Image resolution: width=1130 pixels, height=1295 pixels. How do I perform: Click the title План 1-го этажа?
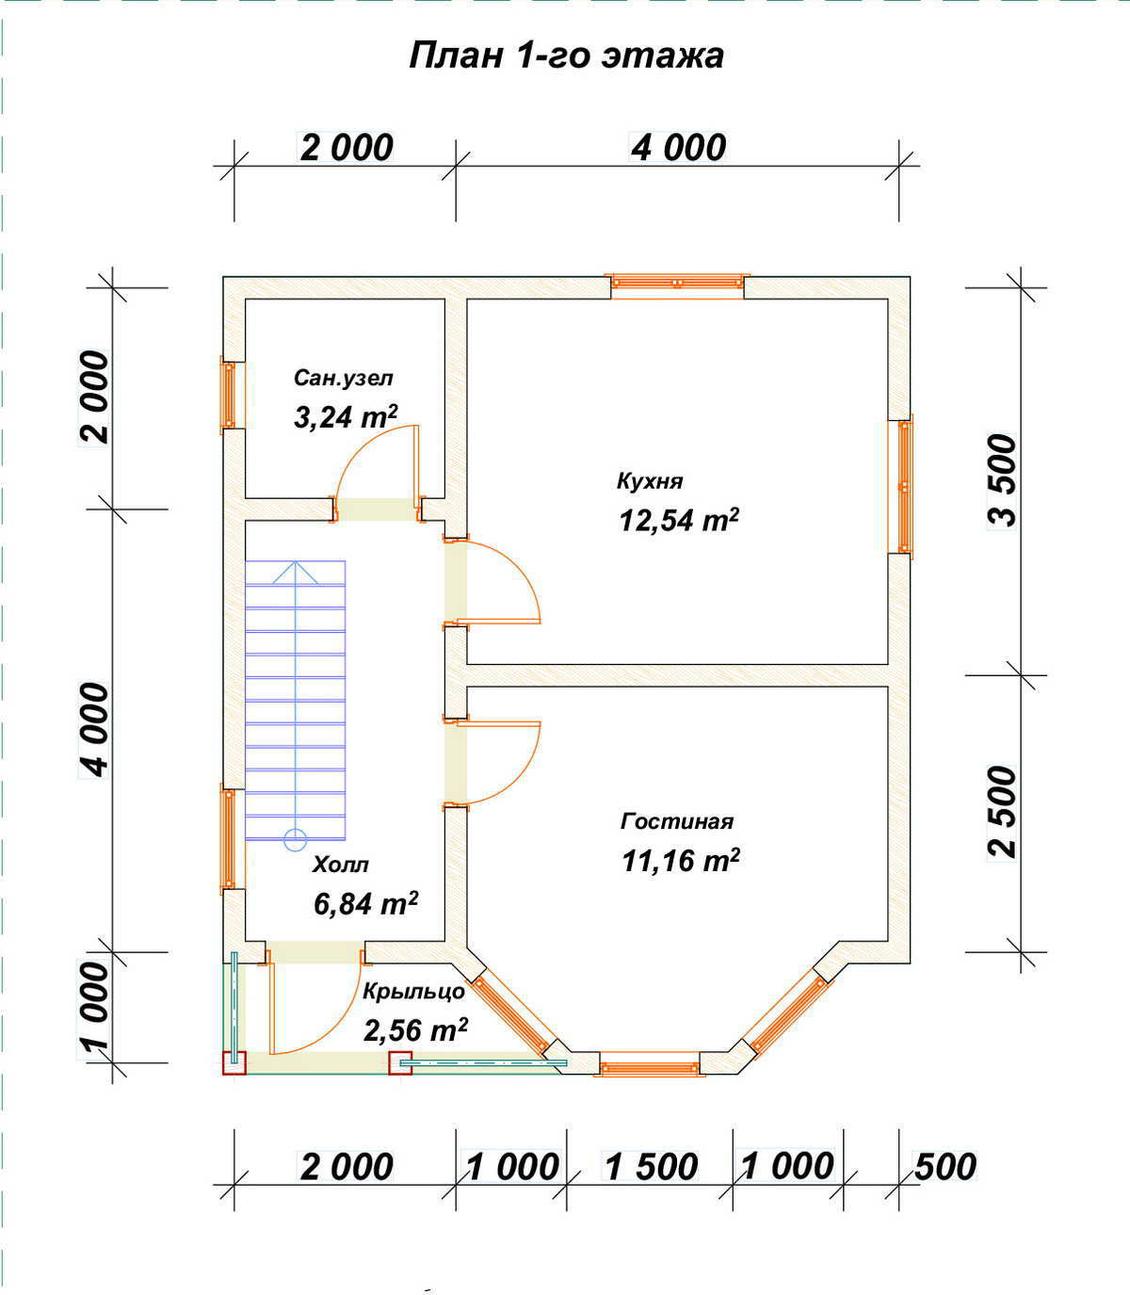pos(566,57)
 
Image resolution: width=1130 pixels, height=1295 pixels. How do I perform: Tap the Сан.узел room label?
pos(344,378)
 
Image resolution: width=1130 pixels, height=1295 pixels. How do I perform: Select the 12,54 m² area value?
pos(679,519)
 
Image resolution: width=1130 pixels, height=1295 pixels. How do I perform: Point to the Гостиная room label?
pos(677,821)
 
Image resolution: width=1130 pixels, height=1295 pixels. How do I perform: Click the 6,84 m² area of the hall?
pos(365,903)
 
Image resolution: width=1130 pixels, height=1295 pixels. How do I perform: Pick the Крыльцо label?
pos(413,991)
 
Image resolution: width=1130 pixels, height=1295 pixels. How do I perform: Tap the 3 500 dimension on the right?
pos(1003,481)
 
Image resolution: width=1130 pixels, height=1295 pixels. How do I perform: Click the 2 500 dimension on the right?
pos(1003,812)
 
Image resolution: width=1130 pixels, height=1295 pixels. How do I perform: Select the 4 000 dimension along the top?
pos(678,148)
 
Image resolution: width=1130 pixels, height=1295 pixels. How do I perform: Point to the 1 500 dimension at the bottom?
pos(651,1167)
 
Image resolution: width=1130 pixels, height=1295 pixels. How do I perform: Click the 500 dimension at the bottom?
pos(945,1167)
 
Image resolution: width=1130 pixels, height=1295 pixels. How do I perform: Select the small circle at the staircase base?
pos(296,840)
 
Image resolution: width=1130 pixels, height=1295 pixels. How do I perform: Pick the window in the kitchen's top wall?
pos(677,283)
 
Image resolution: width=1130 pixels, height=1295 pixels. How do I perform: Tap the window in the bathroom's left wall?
pos(228,395)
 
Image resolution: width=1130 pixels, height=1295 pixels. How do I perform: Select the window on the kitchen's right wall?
pos(905,487)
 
